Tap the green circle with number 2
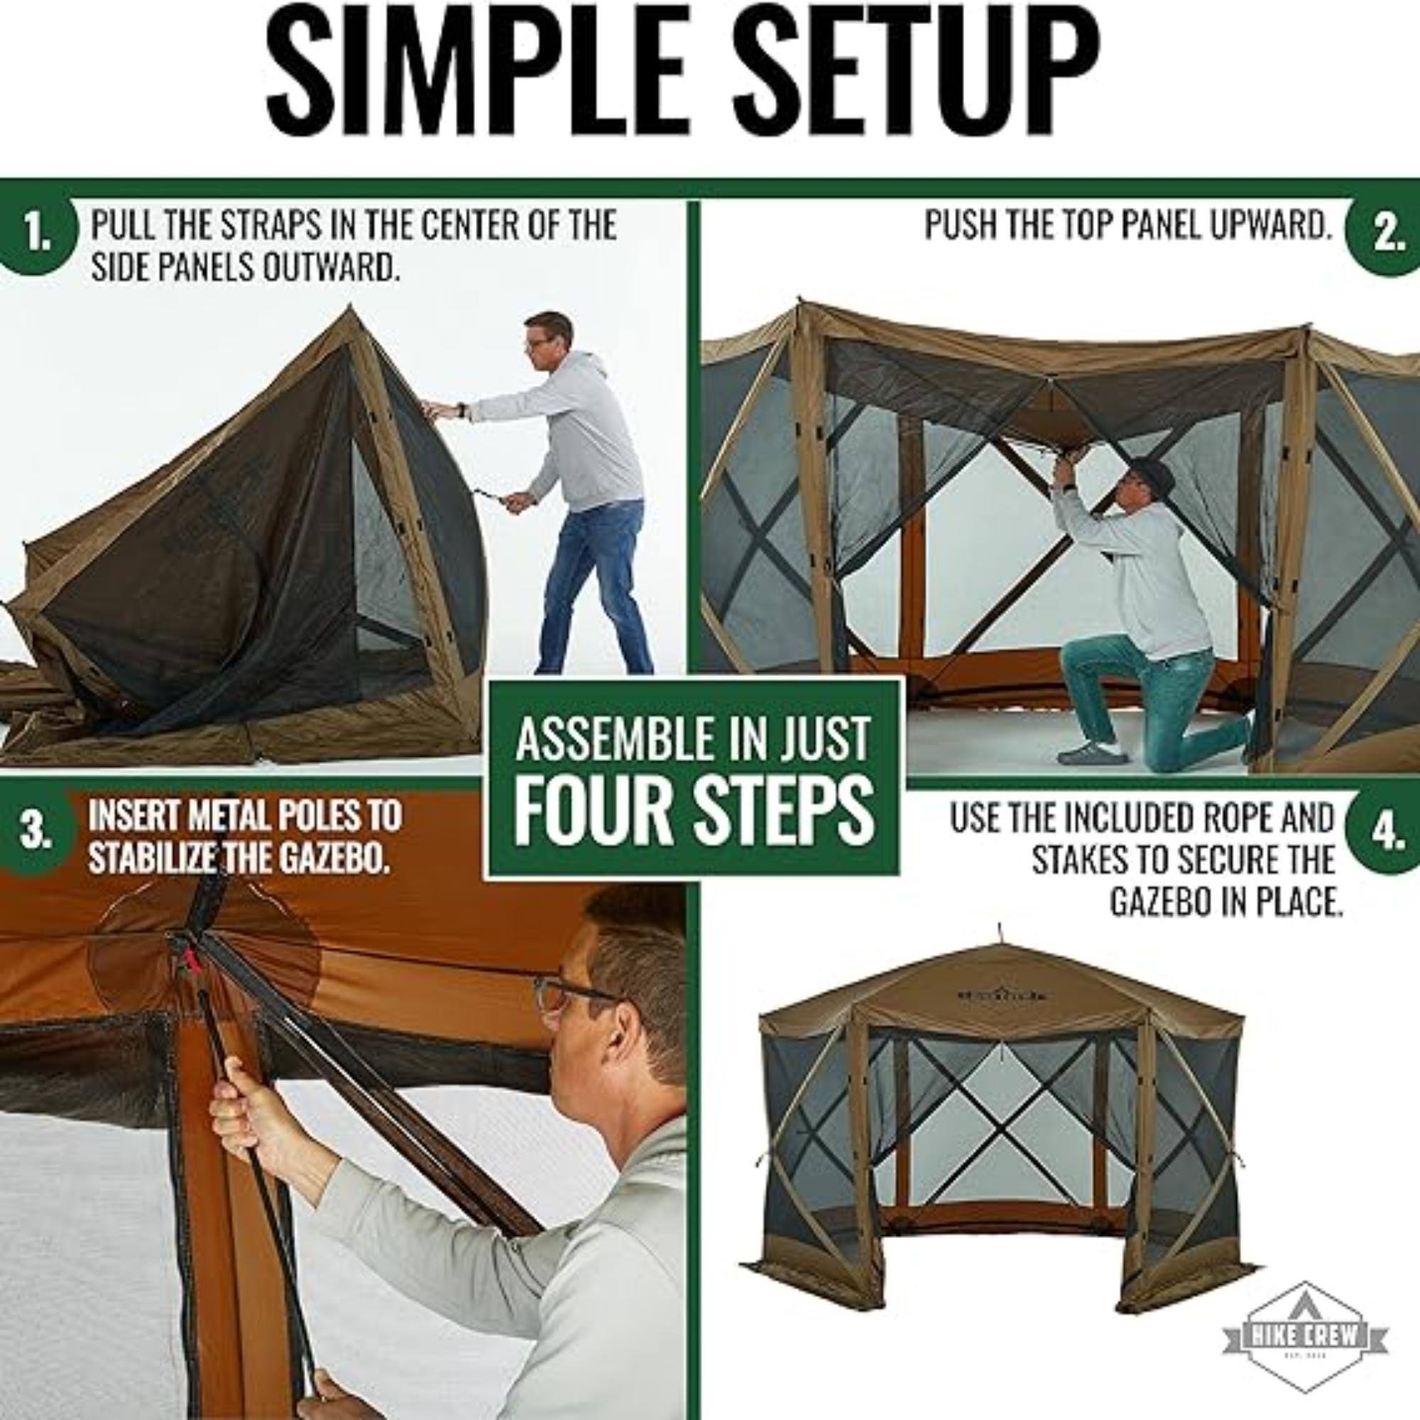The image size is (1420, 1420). pyautogui.click(x=1386, y=235)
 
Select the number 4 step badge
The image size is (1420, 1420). pyautogui.click(x=1384, y=836)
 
